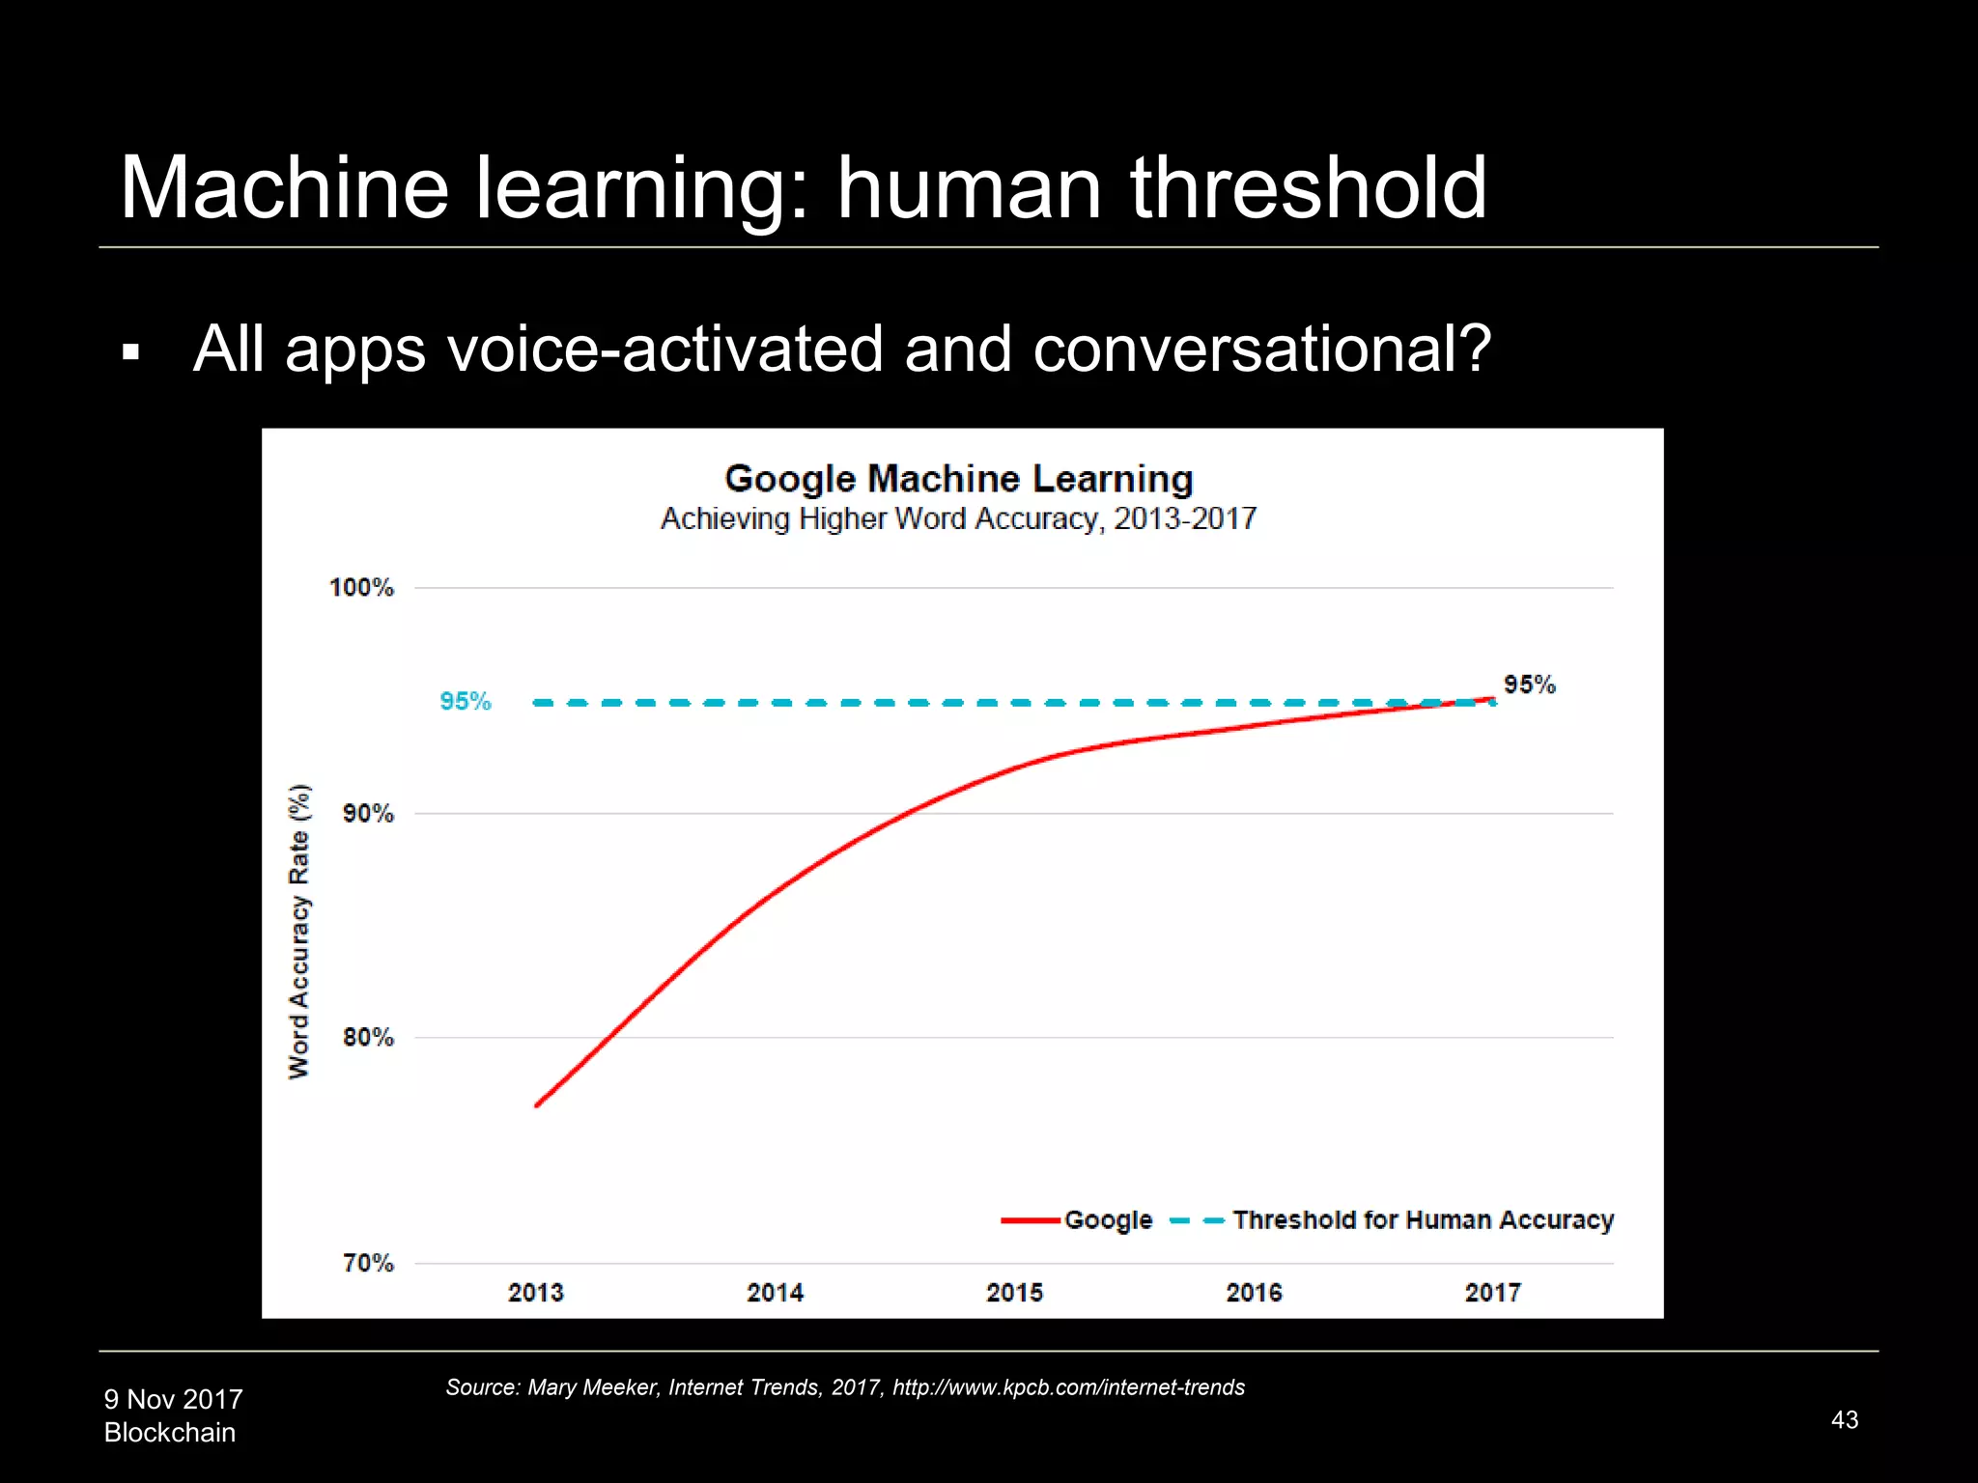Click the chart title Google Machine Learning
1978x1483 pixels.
(x=958, y=479)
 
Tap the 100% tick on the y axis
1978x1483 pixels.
(x=361, y=587)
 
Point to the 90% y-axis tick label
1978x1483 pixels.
(x=368, y=813)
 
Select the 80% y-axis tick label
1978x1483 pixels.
(x=368, y=1037)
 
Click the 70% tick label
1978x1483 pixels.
(x=368, y=1263)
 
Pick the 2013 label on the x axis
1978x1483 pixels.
(x=535, y=1292)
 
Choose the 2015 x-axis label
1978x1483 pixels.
(x=1014, y=1292)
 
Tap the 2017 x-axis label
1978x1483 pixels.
(x=1492, y=1292)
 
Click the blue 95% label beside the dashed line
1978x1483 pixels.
(x=465, y=701)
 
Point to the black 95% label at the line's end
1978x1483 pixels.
(x=1529, y=685)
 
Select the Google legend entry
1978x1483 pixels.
(x=1108, y=1220)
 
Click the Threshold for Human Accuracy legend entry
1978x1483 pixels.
(x=1423, y=1220)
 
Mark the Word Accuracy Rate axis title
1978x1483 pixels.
(x=299, y=932)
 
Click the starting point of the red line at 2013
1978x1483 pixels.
(x=537, y=1105)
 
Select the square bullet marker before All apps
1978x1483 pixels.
(x=131, y=353)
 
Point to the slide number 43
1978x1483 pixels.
(x=1844, y=1419)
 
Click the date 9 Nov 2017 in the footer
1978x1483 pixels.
(x=174, y=1399)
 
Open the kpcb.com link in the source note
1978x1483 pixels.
(x=1068, y=1387)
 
